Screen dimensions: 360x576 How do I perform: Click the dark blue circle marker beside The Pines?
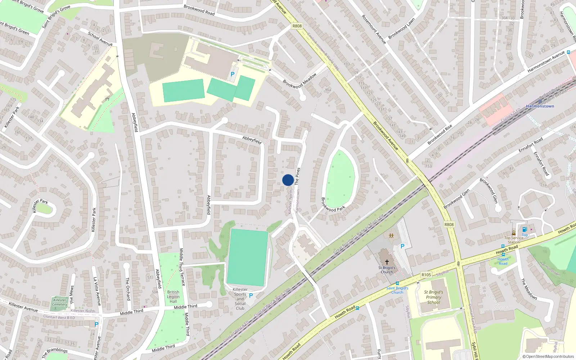tap(288, 180)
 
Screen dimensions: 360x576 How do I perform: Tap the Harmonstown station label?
tap(540, 106)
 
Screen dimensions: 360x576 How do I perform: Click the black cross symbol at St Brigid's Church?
tap(387, 262)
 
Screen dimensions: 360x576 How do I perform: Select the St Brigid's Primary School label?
tap(433, 297)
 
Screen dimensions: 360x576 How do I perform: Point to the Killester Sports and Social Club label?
tap(240, 299)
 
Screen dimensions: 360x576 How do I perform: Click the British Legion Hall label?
tap(173, 297)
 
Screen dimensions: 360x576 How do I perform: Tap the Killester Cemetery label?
tap(60, 302)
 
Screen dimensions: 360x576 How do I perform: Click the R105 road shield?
tap(426, 275)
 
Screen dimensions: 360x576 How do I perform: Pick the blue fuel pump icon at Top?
tap(525, 229)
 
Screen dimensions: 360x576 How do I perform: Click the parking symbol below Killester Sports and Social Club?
tap(251, 296)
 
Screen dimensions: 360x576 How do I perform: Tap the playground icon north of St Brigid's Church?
tap(391, 236)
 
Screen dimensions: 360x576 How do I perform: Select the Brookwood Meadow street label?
tap(300, 80)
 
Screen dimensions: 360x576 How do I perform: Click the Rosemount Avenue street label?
tap(374, 30)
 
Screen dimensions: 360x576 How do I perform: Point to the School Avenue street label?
tap(100, 39)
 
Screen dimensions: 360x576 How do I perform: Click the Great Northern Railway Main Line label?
tap(359, 234)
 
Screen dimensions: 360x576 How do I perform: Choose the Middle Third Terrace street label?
tap(182, 267)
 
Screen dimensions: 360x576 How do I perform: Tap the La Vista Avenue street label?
tap(97, 292)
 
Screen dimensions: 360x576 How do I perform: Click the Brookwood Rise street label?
tap(440, 135)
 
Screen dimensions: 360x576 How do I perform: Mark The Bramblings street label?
tap(55, 353)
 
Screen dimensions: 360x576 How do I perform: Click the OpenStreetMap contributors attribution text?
tap(548, 356)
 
